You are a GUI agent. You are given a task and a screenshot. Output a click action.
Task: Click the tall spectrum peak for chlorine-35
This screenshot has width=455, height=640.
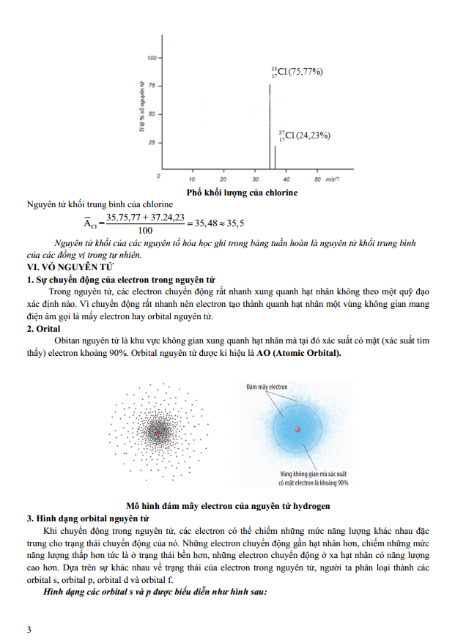coord(269,124)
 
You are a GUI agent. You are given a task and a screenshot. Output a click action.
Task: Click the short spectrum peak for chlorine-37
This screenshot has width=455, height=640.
coord(275,157)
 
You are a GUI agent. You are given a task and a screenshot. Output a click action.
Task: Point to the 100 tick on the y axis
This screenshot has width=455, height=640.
coord(152,58)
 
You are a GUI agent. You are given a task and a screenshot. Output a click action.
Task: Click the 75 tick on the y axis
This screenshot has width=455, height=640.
coord(152,86)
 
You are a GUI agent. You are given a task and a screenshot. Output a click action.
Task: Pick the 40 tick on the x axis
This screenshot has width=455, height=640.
coord(286,179)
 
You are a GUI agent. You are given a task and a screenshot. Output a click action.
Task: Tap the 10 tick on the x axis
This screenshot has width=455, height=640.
coord(192,179)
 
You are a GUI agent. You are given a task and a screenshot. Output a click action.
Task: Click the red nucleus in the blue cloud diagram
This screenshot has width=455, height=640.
coord(297,429)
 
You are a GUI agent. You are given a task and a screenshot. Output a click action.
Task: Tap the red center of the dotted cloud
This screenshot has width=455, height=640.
coord(158,434)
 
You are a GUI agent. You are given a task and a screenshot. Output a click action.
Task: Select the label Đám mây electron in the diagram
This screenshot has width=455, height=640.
coord(267,386)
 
